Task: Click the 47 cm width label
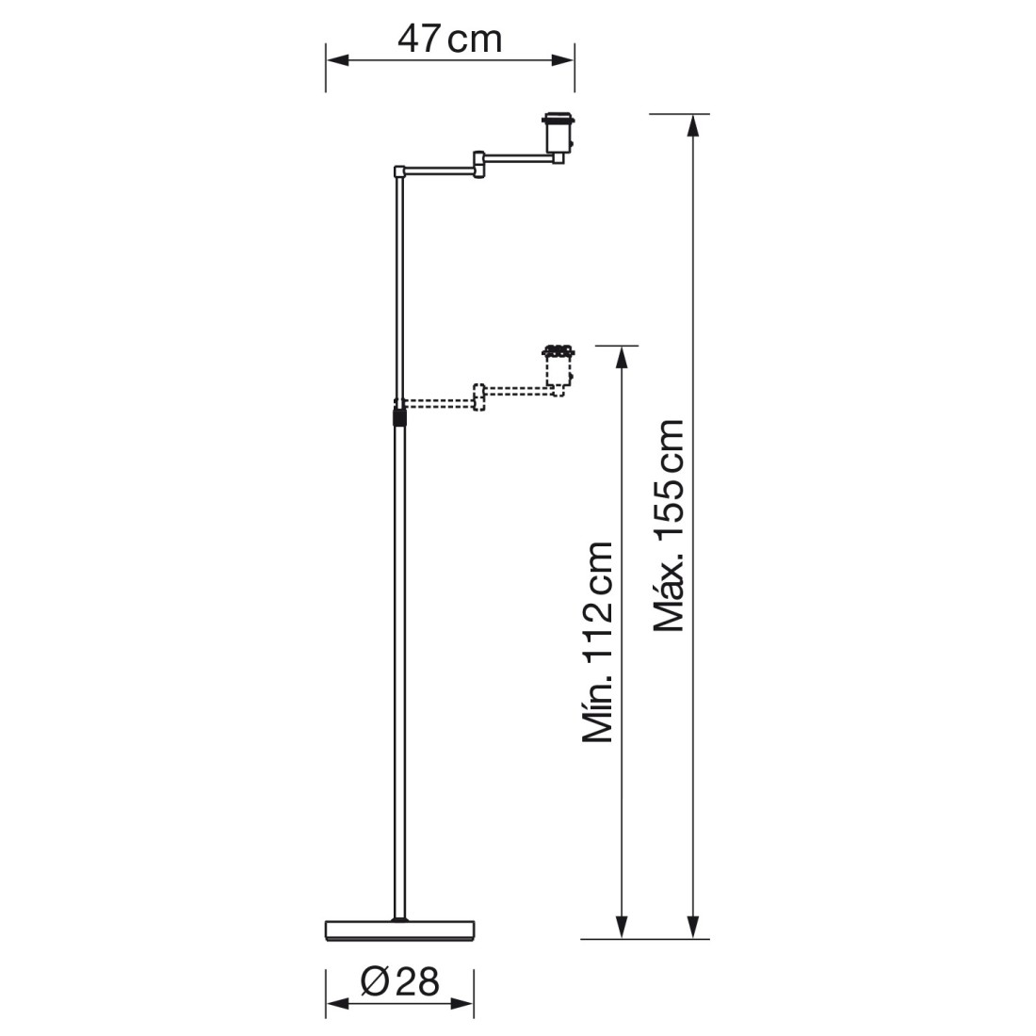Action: click(449, 40)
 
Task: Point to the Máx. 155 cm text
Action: click(669, 526)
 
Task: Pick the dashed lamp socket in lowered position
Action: click(558, 371)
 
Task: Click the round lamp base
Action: click(399, 930)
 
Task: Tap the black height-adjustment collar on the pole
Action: click(398, 417)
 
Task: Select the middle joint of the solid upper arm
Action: click(479, 165)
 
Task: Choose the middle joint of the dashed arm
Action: click(479, 397)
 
